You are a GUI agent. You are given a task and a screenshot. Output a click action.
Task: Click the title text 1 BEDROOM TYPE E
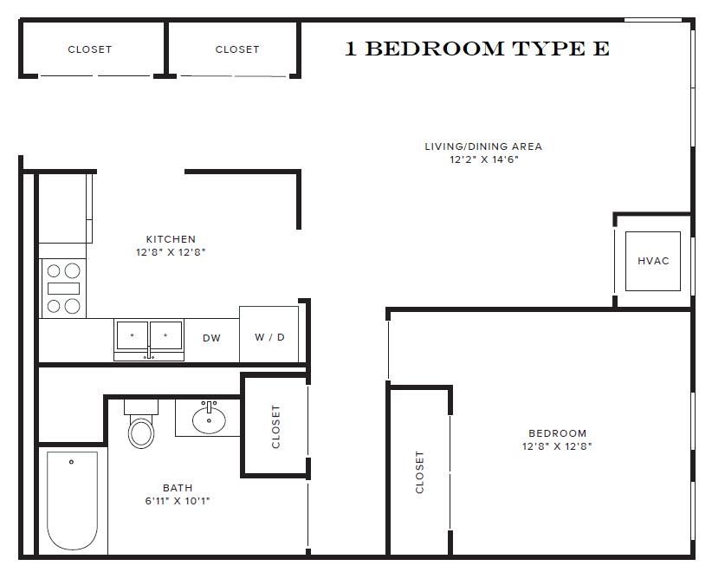pyautogui.click(x=477, y=49)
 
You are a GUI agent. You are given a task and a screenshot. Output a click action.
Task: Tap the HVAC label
pyautogui.click(x=653, y=261)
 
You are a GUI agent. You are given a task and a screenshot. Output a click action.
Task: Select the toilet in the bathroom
pyautogui.click(x=140, y=426)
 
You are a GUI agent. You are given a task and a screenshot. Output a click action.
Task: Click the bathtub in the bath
pyautogui.click(x=72, y=500)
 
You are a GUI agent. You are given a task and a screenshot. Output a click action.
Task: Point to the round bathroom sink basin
pyautogui.click(x=209, y=420)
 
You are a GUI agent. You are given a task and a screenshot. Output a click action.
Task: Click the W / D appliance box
pyautogui.click(x=269, y=336)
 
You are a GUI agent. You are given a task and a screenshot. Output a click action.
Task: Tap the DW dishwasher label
pyautogui.click(x=211, y=338)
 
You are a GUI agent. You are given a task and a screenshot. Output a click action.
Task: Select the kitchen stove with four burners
pyautogui.click(x=63, y=288)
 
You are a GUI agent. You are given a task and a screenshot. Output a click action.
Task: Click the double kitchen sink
pyautogui.click(x=149, y=335)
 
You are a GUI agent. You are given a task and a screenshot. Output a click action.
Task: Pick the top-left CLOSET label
pyautogui.click(x=90, y=49)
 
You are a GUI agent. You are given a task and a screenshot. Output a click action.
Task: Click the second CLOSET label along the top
pyautogui.click(x=237, y=49)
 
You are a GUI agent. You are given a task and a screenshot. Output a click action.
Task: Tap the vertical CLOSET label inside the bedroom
pyautogui.click(x=420, y=471)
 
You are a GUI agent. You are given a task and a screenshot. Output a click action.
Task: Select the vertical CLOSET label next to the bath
pyautogui.click(x=276, y=426)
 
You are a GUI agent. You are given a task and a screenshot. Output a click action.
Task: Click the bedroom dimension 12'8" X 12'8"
pyautogui.click(x=557, y=447)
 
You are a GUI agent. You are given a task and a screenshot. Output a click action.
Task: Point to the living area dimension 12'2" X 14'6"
pyautogui.click(x=483, y=159)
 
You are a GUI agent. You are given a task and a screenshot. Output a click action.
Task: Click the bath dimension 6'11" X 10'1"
pyautogui.click(x=178, y=501)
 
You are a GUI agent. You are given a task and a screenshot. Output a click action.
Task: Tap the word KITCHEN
pyautogui.click(x=171, y=239)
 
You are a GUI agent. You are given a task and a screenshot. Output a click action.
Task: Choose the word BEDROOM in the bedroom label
pyautogui.click(x=557, y=433)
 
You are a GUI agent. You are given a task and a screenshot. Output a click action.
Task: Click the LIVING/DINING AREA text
pyautogui.click(x=483, y=146)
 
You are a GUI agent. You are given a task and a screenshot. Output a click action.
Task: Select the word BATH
pyautogui.click(x=178, y=488)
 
